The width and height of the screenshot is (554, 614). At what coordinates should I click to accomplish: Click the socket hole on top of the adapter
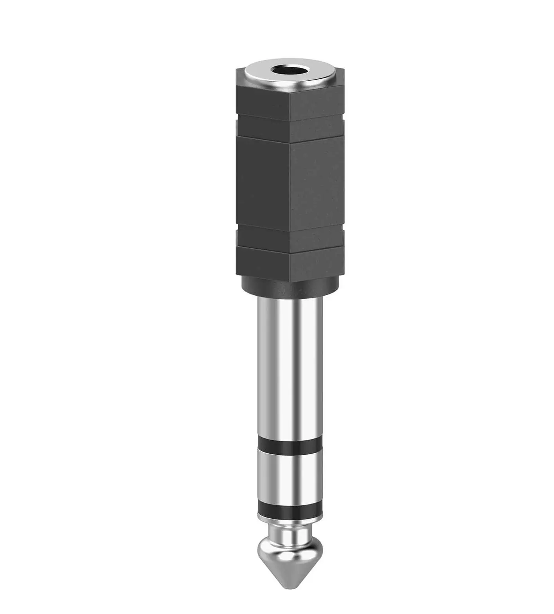click(x=290, y=71)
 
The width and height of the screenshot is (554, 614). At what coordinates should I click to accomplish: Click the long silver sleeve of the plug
click(x=290, y=365)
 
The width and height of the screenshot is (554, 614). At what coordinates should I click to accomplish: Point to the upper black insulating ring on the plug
click(x=290, y=446)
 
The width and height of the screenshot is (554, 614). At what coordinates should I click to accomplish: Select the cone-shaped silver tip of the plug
click(x=290, y=557)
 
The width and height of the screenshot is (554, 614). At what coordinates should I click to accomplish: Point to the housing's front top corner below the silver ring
click(x=290, y=88)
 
